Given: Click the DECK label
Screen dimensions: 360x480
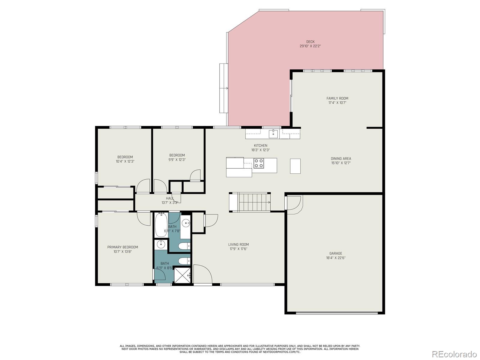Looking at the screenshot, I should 310,42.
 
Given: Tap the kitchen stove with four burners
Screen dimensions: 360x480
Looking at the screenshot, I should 259,163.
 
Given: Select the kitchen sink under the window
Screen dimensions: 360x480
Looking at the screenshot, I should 273,133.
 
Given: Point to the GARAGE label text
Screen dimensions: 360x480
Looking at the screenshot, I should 336,253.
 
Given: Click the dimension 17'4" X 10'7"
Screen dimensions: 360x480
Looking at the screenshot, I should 337,103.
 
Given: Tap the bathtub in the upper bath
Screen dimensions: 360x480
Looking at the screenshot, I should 161,225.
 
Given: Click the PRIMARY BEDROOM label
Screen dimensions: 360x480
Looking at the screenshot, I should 122,247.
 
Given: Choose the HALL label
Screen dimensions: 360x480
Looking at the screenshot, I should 170,198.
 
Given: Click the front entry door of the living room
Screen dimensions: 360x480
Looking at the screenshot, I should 202,274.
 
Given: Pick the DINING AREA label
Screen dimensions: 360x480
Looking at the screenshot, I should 341,159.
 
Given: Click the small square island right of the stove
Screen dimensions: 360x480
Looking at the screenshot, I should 295,166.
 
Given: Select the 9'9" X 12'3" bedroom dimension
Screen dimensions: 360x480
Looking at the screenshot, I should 177,160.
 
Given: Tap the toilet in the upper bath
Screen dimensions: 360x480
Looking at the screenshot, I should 184,246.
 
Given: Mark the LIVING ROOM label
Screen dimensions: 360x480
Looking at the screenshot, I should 238,244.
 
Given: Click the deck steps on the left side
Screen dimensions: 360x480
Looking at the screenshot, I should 223,88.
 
